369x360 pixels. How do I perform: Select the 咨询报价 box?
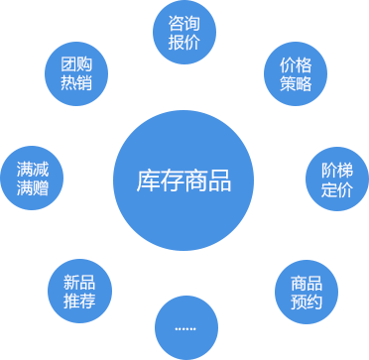coord(184,32)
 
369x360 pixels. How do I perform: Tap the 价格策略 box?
coord(296,72)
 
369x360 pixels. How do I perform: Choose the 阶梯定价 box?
coord(336,178)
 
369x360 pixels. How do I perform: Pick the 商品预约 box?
coord(307,291)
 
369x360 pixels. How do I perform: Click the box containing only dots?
coord(185,326)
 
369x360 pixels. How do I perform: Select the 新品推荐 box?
coord(79,291)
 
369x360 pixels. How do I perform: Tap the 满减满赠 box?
coord(33,178)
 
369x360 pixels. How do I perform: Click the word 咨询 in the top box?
coord(184,22)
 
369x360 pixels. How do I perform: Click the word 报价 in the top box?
coord(184,43)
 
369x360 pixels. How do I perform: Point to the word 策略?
coord(296,83)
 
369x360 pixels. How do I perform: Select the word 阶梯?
coord(336,167)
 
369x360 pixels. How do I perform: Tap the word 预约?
coord(307,301)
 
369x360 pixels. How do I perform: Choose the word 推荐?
coord(79,301)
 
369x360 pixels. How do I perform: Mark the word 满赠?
coord(33,188)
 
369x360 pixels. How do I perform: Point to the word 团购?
coord(75,61)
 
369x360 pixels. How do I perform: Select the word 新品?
coord(79,280)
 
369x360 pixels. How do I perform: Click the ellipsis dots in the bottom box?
coord(185,327)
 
